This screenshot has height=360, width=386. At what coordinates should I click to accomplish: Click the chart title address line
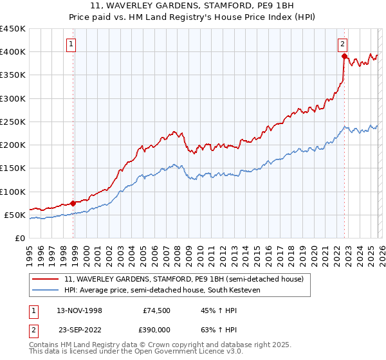point(192,6)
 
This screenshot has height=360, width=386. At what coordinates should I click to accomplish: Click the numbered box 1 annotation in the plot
point(71,44)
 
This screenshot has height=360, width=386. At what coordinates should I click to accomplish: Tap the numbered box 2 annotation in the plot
point(343,44)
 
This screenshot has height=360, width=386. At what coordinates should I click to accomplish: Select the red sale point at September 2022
point(345,57)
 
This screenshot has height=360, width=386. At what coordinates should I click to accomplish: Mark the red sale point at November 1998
point(73,203)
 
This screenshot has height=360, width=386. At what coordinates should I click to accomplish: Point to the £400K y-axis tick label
point(12,52)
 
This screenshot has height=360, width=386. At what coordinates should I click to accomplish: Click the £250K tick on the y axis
point(12,122)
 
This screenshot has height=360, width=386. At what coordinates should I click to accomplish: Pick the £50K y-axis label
point(15,215)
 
